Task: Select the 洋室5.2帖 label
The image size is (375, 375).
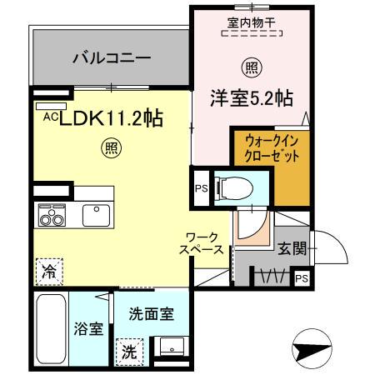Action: coord(249,97)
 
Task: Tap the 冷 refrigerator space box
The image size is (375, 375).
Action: coord(48,270)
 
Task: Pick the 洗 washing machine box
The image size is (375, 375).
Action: coord(128,351)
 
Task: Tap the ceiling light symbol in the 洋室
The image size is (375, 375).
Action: coord(249,66)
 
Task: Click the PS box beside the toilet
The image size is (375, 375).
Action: coord(202,187)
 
